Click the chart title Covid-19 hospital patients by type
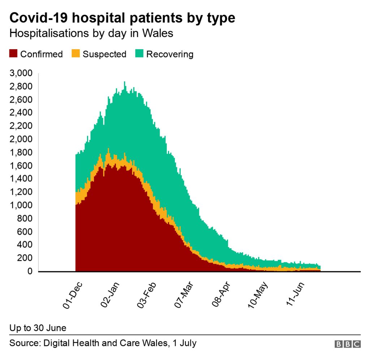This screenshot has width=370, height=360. click(122, 18)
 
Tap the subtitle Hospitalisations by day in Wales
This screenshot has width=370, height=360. click(91, 33)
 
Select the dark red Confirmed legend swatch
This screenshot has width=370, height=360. click(13, 54)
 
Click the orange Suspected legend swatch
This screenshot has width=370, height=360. click(76, 54)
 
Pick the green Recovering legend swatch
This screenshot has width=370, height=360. click(139, 54)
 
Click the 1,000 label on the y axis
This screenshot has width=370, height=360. click(22, 206)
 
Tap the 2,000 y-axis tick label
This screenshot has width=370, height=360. click(22, 140)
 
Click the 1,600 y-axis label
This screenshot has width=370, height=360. click(22, 166)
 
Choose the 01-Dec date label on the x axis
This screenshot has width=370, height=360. click(70, 296)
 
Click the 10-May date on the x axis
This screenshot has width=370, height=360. click(258, 296)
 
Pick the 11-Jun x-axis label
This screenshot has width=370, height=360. click(295, 296)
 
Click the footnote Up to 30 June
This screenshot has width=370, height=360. click(38, 328)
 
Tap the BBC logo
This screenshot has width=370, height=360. click(348, 344)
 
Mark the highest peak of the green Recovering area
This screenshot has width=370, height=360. click(125, 82)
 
